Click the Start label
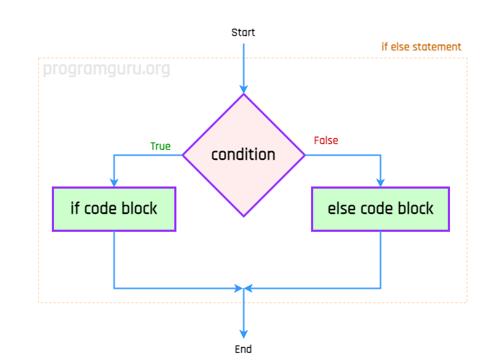(243, 32)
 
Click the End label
(243, 349)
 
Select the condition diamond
(243, 155)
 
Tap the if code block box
(114, 209)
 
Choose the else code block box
(380, 209)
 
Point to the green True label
(161, 146)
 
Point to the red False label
(325, 140)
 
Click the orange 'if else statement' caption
(421, 48)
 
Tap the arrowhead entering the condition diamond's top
(243, 89)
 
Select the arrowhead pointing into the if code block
(114, 182)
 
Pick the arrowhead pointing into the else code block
(380, 182)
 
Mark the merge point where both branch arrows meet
(243, 288)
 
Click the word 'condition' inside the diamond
(243, 155)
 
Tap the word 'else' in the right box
(341, 209)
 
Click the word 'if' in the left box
(75, 209)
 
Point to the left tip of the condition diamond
(184, 155)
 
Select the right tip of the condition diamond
(304, 155)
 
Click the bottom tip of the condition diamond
(243, 215)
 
